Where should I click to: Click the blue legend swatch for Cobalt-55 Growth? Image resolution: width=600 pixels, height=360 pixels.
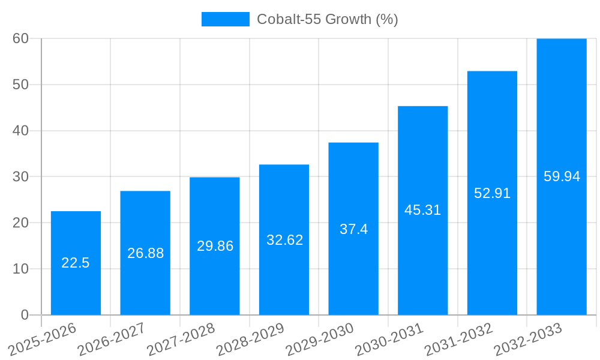pos(225,19)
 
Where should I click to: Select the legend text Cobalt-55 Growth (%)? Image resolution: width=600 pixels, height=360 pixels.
pos(327,19)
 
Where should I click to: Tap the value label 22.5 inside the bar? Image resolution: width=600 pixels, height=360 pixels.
pos(76,263)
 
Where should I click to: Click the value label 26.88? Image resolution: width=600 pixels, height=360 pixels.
pos(145,253)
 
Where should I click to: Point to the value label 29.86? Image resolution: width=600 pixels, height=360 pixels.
pos(215,246)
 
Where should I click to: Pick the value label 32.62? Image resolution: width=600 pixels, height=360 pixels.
pos(284,240)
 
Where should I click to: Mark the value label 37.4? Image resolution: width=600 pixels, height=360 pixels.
pos(353,229)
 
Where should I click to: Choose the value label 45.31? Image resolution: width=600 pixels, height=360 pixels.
pos(423,210)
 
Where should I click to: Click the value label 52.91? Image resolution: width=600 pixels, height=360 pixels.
pos(492,193)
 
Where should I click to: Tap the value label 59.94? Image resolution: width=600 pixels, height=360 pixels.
pos(562,176)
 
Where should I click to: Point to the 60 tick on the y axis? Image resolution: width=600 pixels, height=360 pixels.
pos(20,38)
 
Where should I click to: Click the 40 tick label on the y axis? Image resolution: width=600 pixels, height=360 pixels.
pos(20,131)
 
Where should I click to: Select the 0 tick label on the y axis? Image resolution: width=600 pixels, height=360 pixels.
pos(25,315)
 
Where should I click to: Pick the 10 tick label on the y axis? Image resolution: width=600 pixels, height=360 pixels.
pos(20,269)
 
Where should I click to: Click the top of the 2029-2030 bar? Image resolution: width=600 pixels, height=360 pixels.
pos(353,143)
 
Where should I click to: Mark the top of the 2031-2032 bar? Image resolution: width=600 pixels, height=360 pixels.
pos(492,71)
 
